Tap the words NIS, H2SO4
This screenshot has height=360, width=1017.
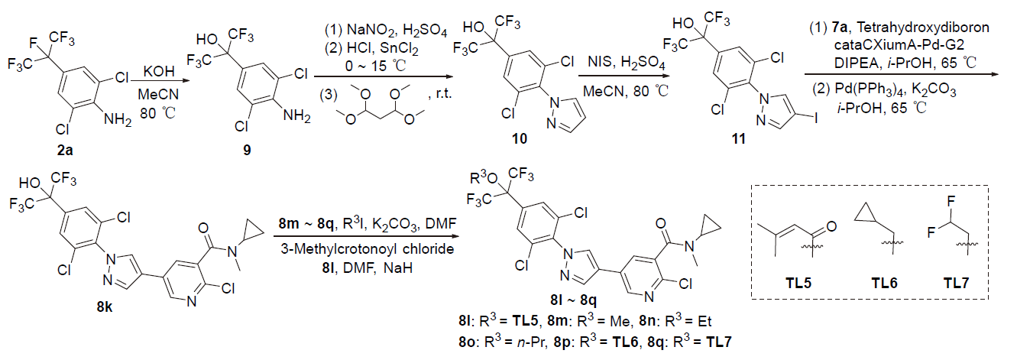click(x=619, y=67)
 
